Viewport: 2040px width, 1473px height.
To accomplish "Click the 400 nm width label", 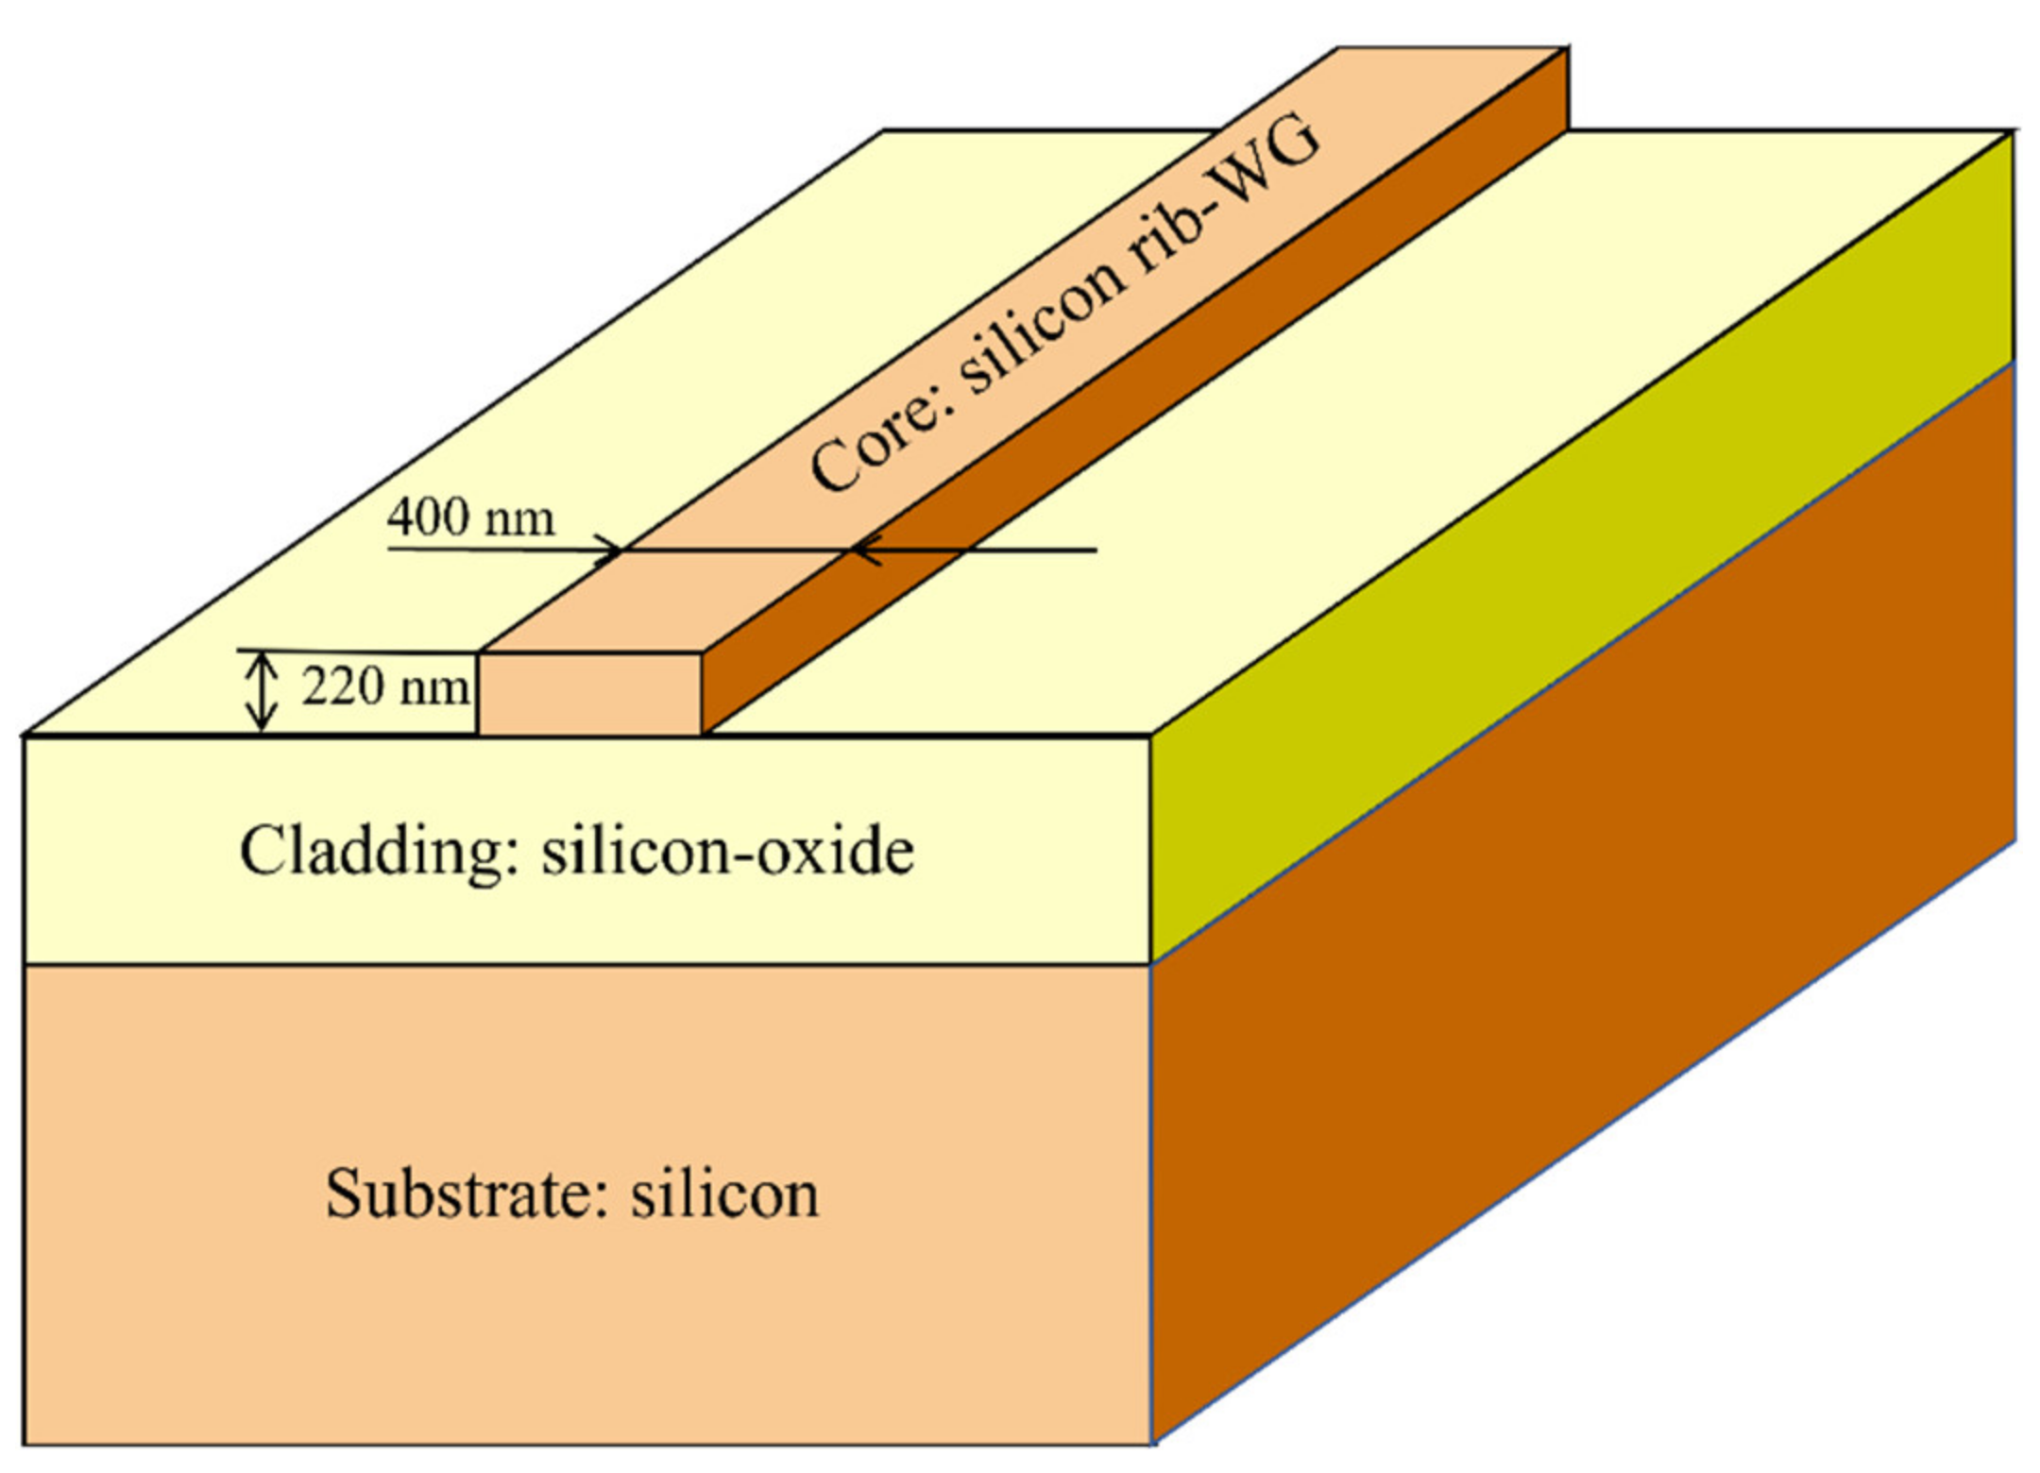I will coord(470,518).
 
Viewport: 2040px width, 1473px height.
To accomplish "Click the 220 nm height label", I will coord(384,687).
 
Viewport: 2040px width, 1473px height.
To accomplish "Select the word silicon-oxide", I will coord(727,851).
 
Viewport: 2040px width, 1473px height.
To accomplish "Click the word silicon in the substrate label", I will coord(724,1194).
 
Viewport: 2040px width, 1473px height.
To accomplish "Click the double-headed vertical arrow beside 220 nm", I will coord(262,692).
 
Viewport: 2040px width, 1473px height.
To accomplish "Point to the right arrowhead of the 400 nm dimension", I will coord(865,550).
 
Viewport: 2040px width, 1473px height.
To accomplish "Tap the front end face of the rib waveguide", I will coord(590,693).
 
